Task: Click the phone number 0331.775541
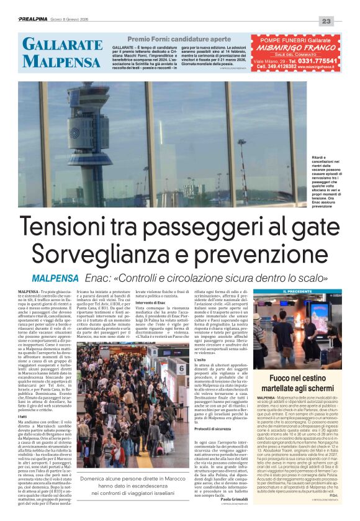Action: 313,61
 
